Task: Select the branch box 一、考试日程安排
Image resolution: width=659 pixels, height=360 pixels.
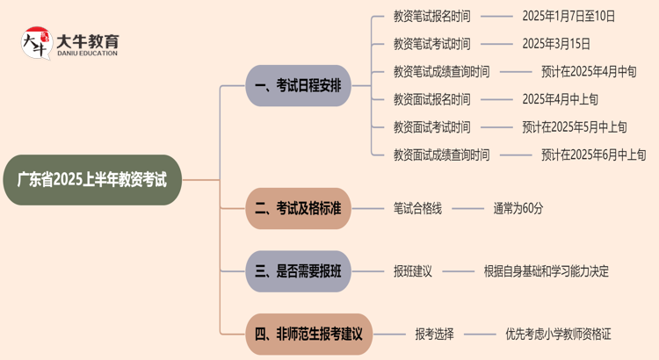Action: tap(298, 86)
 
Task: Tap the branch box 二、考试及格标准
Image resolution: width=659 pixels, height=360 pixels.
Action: tap(298, 208)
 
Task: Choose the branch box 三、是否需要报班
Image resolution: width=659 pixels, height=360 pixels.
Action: tap(298, 271)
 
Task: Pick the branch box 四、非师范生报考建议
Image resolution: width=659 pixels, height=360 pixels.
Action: tap(309, 334)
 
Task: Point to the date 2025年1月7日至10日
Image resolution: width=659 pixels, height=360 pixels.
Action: tap(568, 16)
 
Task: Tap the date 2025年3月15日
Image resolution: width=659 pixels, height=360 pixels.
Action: tap(556, 44)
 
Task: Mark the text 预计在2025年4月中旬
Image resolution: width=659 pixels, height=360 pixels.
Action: tap(589, 72)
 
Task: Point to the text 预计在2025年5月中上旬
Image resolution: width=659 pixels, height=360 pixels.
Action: tap(575, 127)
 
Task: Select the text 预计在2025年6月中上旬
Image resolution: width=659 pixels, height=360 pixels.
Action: tap(594, 155)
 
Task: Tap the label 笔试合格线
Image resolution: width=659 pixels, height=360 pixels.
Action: tap(417, 208)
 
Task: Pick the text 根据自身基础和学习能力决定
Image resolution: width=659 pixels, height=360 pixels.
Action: tap(546, 271)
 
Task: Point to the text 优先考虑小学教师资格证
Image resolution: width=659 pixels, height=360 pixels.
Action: tap(558, 334)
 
